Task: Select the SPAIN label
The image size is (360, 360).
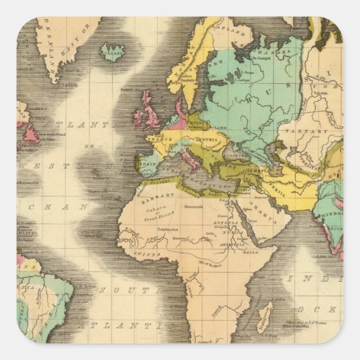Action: click(148, 165)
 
